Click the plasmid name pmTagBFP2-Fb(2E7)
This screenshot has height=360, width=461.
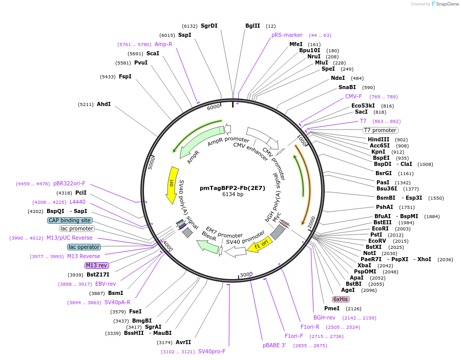[233, 188]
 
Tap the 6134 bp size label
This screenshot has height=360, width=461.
[233, 195]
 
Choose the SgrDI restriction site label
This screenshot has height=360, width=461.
[209, 26]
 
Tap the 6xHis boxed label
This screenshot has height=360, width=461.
[341, 299]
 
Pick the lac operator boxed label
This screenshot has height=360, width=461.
[84, 247]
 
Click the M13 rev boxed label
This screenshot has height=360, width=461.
[97, 265]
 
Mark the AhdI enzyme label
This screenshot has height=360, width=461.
[104, 104]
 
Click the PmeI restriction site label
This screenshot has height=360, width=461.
[332, 308]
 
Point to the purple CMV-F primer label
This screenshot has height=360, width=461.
[353, 96]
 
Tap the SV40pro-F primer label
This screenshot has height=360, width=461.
[212, 351]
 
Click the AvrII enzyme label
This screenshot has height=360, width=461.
[183, 342]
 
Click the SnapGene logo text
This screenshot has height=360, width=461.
[447, 4]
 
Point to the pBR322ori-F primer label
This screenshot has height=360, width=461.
[69, 183]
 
